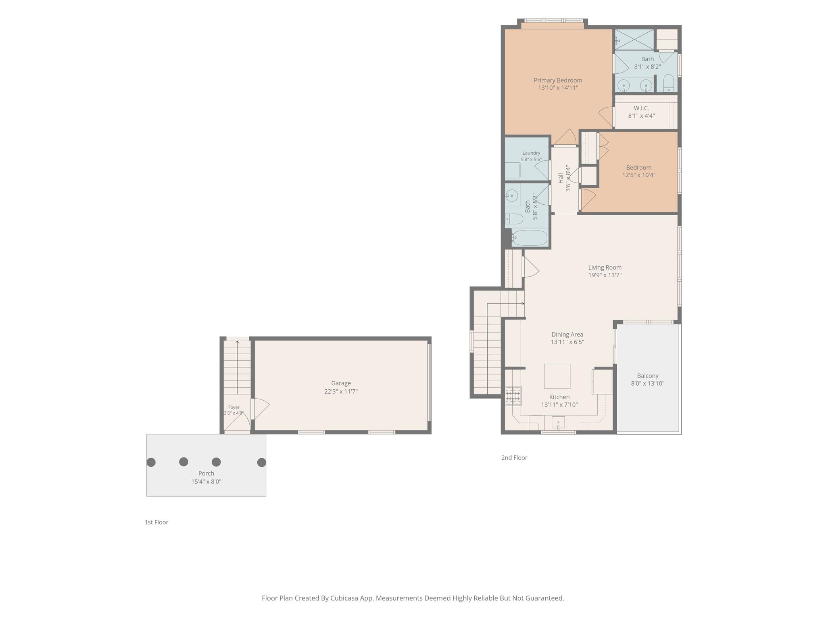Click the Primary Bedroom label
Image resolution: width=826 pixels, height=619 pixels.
tap(558, 80)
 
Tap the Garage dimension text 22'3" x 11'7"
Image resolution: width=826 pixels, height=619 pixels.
tap(341, 391)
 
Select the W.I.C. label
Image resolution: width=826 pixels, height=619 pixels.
tap(641, 108)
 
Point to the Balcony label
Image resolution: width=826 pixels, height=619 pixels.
tap(648, 376)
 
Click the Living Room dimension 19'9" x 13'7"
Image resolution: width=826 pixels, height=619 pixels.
tap(605, 275)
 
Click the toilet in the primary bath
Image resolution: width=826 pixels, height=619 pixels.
tap(668, 83)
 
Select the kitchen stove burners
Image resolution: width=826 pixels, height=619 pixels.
tap(513, 396)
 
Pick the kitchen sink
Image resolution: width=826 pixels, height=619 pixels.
tap(558, 423)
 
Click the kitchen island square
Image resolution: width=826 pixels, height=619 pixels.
tap(557, 376)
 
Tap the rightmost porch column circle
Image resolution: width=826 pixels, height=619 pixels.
tap(261, 462)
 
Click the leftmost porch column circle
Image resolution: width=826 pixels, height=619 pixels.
tap(151, 462)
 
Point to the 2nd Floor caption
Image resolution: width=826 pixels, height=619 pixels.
tap(514, 457)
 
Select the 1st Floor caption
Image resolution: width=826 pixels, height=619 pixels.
tap(156, 522)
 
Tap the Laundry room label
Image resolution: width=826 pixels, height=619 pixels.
tap(531, 153)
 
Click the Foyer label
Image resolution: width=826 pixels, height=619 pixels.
tap(234, 407)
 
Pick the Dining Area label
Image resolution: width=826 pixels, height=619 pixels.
tap(567, 334)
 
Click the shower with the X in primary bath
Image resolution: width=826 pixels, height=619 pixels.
tap(634, 39)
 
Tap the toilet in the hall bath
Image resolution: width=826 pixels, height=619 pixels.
tap(514, 219)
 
